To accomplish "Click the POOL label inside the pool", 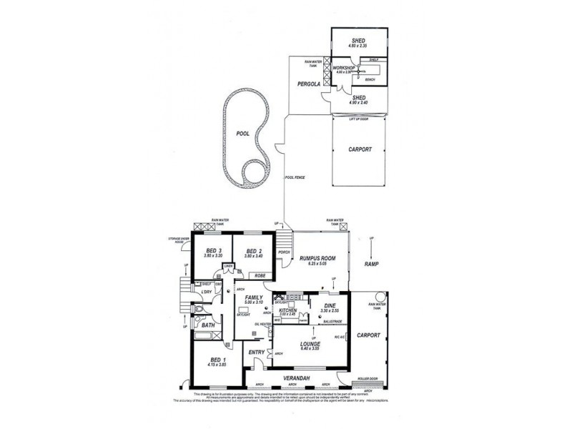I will point(241,134).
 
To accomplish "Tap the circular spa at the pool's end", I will point(253,172).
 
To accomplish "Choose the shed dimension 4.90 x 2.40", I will point(358,104).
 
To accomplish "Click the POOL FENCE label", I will point(295,177).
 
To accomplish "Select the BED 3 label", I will point(214,250).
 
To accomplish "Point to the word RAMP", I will point(370,264).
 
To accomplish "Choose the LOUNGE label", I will point(310,344).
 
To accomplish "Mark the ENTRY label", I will point(255,352).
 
